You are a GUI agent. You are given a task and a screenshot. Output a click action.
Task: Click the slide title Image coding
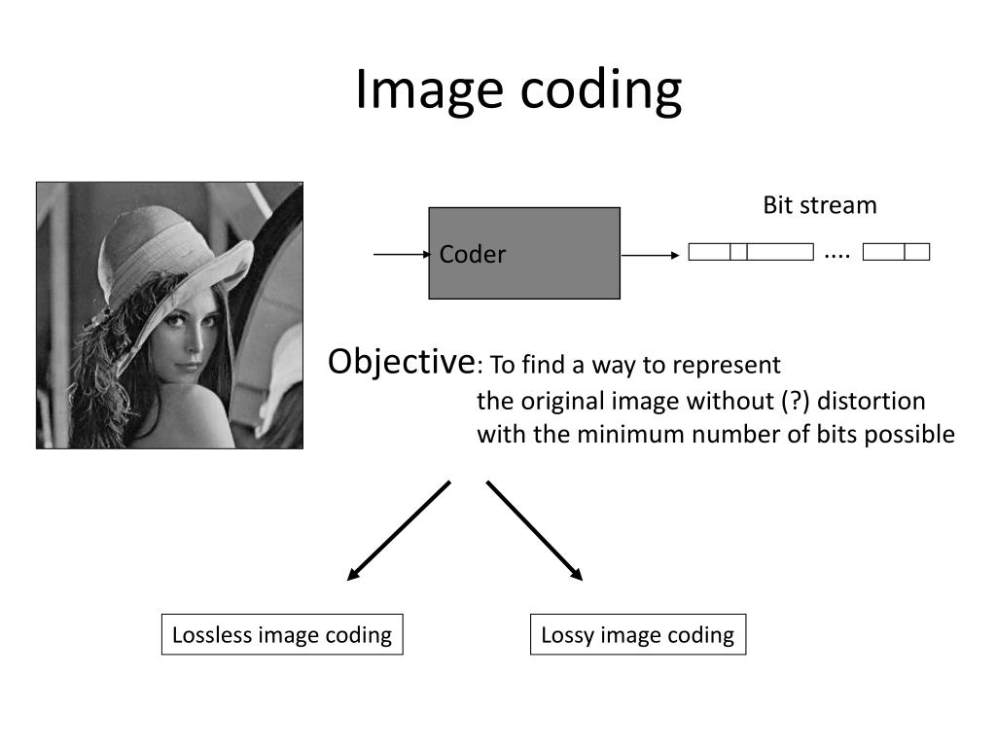tap(517, 89)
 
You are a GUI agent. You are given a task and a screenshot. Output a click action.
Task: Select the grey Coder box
tap(524, 253)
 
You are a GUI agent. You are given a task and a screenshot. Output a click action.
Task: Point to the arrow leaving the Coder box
tap(650, 255)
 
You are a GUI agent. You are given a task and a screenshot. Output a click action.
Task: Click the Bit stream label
tap(819, 205)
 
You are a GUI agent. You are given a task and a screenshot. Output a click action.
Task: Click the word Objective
tap(400, 362)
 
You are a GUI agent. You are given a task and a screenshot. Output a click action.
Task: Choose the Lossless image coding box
tap(282, 635)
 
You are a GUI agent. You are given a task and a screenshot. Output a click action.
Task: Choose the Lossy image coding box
tap(637, 635)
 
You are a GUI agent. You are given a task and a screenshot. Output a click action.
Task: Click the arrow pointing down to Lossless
tap(398, 531)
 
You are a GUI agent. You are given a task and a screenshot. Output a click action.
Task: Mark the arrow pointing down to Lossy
tap(535, 531)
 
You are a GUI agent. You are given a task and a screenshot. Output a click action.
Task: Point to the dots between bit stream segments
tap(836, 255)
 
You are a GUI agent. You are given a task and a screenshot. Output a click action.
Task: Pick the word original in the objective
tap(563, 401)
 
